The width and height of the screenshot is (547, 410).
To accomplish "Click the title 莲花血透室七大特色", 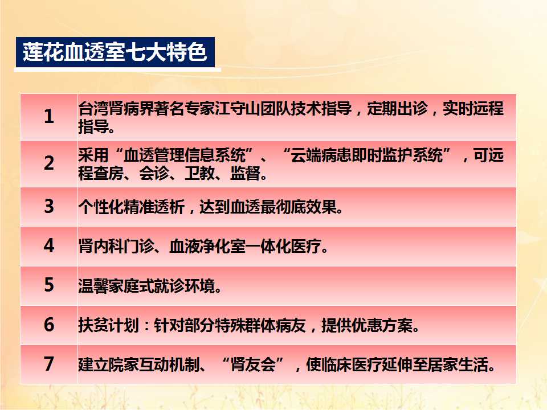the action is (115, 52).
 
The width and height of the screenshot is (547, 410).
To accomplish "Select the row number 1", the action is (49, 116).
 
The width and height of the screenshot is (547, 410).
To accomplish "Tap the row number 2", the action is (49, 163).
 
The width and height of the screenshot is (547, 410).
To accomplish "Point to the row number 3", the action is (49, 206).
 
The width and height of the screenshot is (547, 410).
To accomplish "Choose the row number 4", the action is (49, 245).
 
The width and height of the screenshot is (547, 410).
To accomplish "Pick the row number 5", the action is (49, 285).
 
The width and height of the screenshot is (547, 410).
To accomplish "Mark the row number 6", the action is (49, 324).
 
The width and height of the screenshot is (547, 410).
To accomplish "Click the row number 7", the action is (49, 364).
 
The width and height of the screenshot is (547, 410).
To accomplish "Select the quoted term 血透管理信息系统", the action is (185, 155).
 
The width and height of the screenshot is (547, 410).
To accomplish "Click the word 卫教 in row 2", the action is (199, 173).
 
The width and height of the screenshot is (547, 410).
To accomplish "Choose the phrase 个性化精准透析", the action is (131, 207).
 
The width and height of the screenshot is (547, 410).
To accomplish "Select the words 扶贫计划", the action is (108, 325).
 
